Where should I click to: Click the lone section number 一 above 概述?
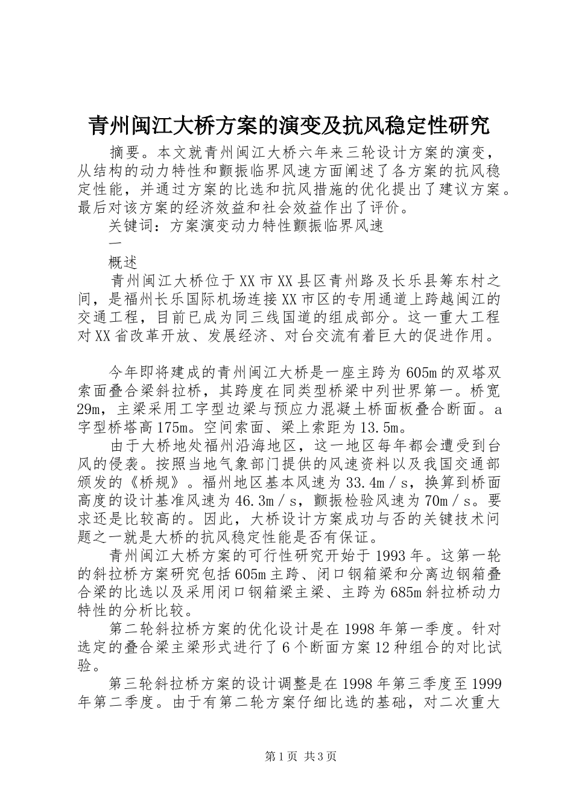(x=113, y=243)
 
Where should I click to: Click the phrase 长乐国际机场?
(x=194, y=299)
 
